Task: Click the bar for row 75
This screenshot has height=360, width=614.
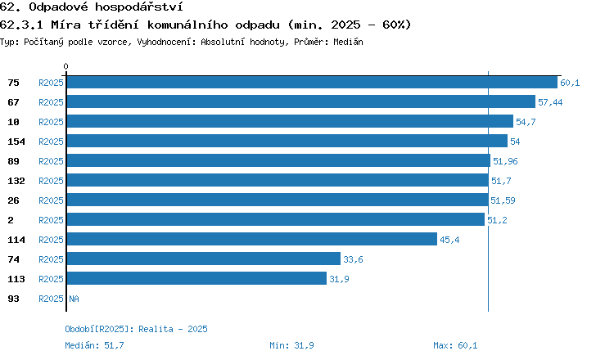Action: click(312, 82)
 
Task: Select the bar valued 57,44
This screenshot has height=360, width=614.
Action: click(301, 101)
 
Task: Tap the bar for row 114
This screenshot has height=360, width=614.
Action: click(252, 239)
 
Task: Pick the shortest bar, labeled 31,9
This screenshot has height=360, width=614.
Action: click(196, 278)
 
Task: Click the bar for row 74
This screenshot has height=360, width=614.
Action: click(204, 259)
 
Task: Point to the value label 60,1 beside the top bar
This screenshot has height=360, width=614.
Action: click(570, 83)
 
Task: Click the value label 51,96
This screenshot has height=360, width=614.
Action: click(505, 161)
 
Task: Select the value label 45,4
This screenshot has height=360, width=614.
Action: click(449, 240)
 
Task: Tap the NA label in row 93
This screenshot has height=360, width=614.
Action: click(74, 299)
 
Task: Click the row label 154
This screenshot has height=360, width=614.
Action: click(16, 142)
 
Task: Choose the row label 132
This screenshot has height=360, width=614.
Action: click(16, 181)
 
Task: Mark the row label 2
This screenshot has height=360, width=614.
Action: click(11, 220)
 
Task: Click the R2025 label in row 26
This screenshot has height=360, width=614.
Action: click(51, 200)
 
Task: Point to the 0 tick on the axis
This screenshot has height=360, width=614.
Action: click(65, 66)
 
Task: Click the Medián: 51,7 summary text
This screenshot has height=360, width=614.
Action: click(94, 345)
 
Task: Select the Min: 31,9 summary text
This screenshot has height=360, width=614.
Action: click(291, 345)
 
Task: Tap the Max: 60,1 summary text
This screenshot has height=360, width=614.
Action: click(455, 345)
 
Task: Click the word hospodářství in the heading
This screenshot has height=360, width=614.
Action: click(139, 7)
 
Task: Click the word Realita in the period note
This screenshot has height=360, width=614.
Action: click(156, 329)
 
